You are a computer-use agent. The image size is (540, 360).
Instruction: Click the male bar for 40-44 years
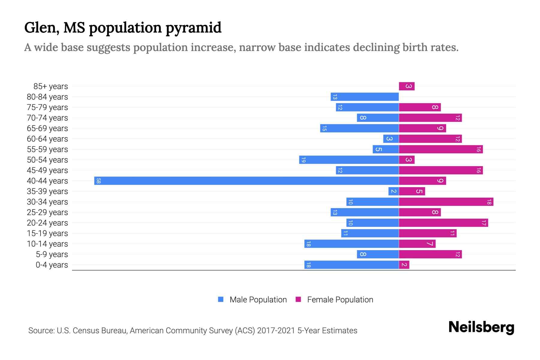[246, 181]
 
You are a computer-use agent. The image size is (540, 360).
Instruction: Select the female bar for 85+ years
[406, 86]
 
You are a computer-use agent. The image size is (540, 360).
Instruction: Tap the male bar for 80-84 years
[364, 97]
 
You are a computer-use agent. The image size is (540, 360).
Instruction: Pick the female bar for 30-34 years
[446, 202]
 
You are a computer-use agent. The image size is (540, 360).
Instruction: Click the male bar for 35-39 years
[393, 191]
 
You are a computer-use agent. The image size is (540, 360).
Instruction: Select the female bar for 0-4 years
[404, 265]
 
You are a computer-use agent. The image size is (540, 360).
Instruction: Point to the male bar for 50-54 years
[349, 160]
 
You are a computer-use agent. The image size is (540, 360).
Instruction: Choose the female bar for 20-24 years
[443, 223]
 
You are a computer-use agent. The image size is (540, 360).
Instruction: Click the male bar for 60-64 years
[391, 139]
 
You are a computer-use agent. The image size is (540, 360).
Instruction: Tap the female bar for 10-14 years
[417, 244]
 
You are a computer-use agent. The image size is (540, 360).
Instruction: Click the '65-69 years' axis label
[47, 128]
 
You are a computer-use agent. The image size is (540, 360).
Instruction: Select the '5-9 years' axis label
[52, 254]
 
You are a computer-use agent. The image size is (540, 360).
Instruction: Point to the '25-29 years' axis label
[47, 212]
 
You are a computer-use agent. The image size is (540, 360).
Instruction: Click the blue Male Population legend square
[221, 299]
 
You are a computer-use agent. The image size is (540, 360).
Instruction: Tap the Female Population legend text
[340, 299]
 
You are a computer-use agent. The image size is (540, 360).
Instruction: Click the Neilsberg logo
[481, 327]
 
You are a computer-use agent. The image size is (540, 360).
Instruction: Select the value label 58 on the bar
[98, 181]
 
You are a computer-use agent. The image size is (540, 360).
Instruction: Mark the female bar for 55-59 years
[440, 149]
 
